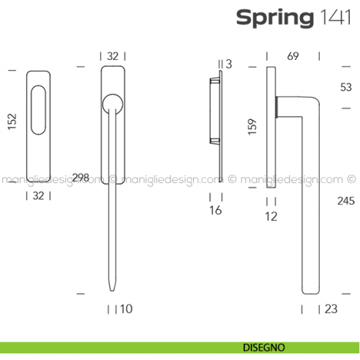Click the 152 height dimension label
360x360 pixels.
click(x=12, y=121)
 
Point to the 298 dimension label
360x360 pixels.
click(x=81, y=177)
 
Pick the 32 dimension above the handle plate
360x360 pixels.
click(x=113, y=56)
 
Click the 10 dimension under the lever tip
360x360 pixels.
click(x=126, y=309)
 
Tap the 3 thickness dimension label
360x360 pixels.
click(x=228, y=64)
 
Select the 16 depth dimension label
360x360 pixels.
click(x=215, y=211)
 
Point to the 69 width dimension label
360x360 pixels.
click(x=293, y=56)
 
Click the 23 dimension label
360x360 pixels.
click(x=331, y=309)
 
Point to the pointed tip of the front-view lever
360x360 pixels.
click(x=113, y=289)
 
